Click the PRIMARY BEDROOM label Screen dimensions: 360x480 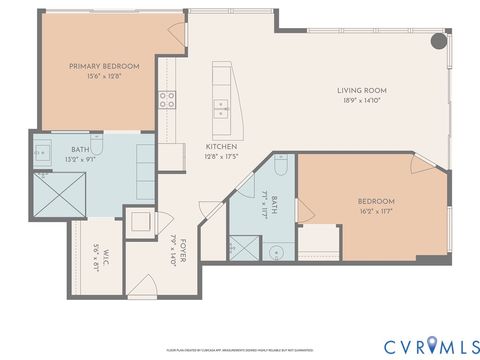pyautogui.click(x=104, y=66)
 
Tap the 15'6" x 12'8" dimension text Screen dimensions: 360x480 pyautogui.click(x=104, y=76)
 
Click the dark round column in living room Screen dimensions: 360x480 pyautogui.click(x=438, y=42)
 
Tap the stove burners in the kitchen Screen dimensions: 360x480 pyautogui.click(x=166, y=99)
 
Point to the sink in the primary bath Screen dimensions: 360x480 pyautogui.click(x=44, y=153)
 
